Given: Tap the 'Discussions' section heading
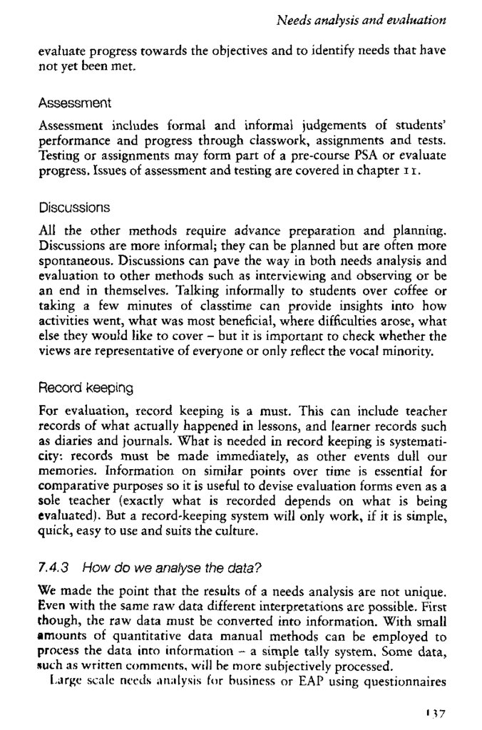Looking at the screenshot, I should point(74,207).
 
